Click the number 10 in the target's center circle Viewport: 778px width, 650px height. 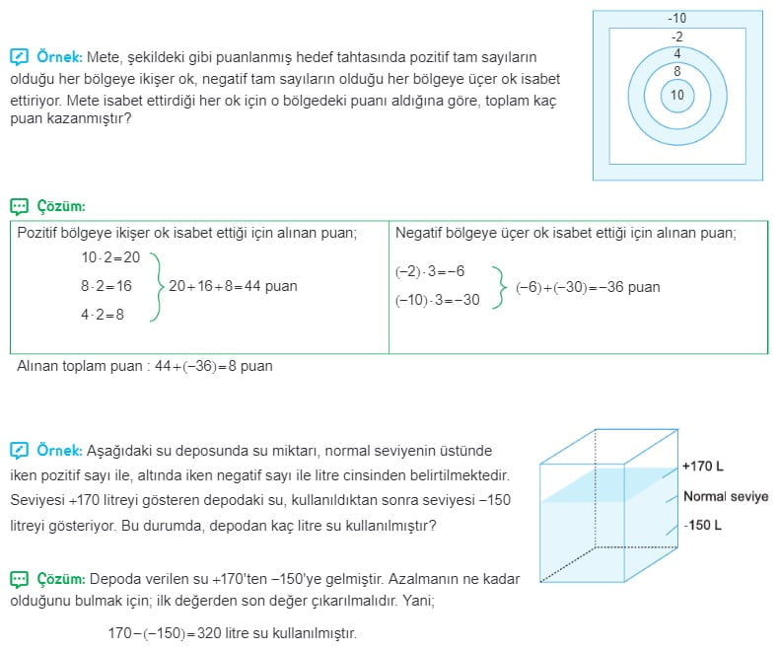[x=676, y=96]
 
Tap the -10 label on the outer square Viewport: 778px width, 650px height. [x=676, y=19]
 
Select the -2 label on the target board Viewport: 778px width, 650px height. [x=676, y=36]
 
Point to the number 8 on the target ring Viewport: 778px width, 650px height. [x=676, y=71]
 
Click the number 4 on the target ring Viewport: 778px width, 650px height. [x=676, y=53]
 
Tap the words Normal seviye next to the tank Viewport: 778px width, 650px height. [x=725, y=497]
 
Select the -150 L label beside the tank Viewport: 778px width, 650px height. [x=703, y=526]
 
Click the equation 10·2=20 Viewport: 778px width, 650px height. [x=111, y=257]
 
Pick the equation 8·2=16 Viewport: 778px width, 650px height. [x=106, y=286]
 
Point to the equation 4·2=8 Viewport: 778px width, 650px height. [x=103, y=316]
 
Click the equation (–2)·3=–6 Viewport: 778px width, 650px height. [x=429, y=271]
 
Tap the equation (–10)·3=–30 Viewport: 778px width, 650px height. [x=437, y=300]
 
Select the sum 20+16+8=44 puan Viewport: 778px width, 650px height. [x=233, y=286]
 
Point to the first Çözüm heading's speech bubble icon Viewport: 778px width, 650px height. [x=19, y=207]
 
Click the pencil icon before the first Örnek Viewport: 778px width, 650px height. [x=19, y=57]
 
